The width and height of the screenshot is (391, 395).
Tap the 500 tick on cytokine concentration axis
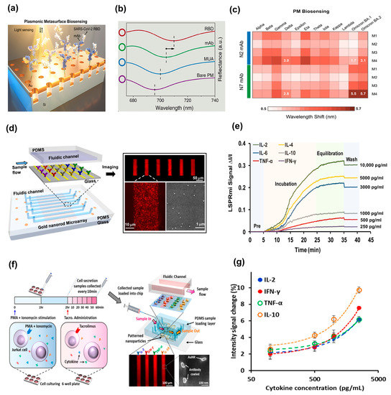tap(314, 376)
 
